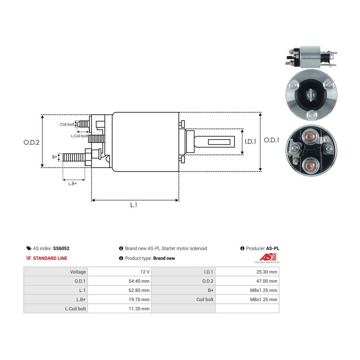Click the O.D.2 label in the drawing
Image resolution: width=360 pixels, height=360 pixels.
tap(32, 142)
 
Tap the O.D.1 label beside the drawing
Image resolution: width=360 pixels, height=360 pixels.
tap(271, 140)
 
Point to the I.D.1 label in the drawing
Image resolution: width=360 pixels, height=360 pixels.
tap(250, 142)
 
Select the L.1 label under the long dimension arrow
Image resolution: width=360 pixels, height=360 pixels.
tap(134, 205)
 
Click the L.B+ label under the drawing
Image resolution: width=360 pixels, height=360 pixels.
tap(72, 184)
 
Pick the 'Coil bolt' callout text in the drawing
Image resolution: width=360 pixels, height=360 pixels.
tap(67, 124)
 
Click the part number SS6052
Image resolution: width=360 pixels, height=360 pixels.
tap(61, 248)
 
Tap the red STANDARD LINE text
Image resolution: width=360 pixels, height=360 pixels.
tap(50, 258)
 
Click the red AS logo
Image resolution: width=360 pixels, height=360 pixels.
tap(268, 257)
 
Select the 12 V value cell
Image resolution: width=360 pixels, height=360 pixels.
tap(120, 272)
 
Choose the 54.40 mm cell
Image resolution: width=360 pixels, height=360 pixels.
tap(120, 281)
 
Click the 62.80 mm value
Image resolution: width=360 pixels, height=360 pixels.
tap(139, 290)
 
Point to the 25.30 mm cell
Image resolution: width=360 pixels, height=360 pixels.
tap(247, 272)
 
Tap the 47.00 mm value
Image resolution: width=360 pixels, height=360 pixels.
tap(266, 281)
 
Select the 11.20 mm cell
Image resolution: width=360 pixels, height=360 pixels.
tap(120, 308)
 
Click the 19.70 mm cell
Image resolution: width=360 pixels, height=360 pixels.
tap(120, 299)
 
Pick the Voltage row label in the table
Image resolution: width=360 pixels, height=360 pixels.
tap(78, 272)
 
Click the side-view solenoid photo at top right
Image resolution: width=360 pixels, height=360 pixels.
tap(311, 57)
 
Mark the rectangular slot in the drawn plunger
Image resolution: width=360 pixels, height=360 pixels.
tap(219, 142)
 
